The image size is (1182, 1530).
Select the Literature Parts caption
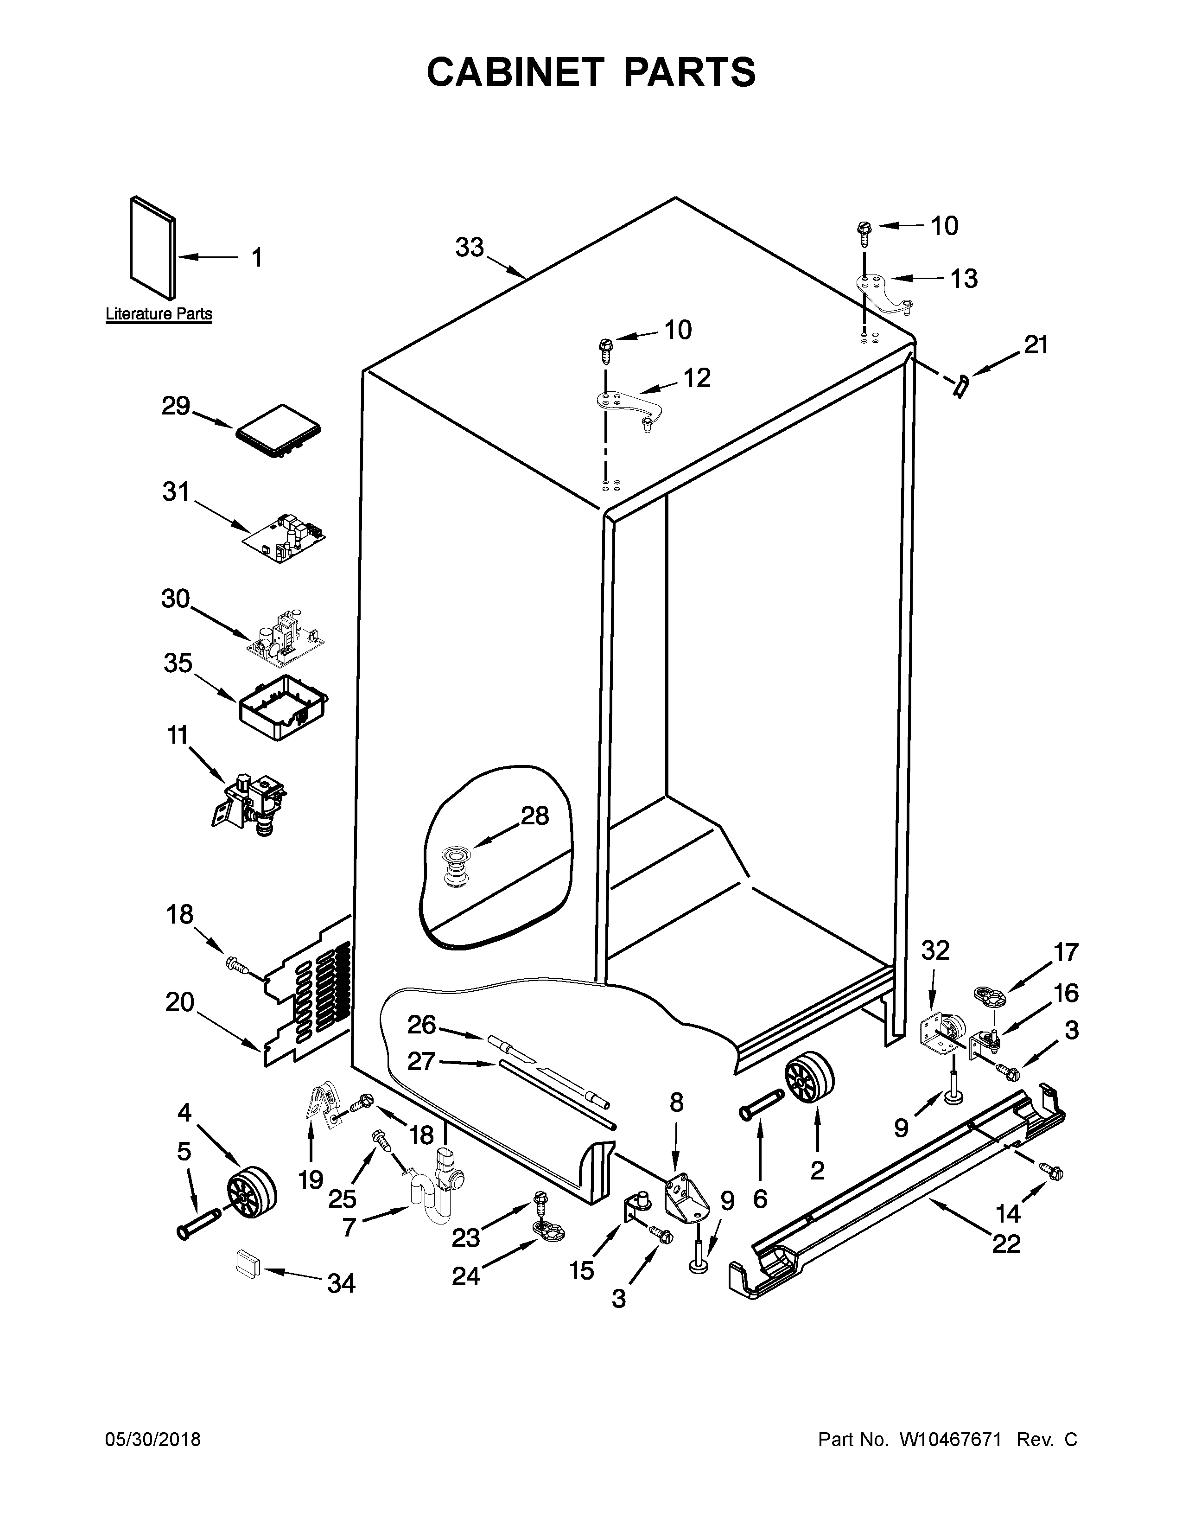[x=159, y=314]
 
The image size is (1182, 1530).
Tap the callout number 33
[x=469, y=247]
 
